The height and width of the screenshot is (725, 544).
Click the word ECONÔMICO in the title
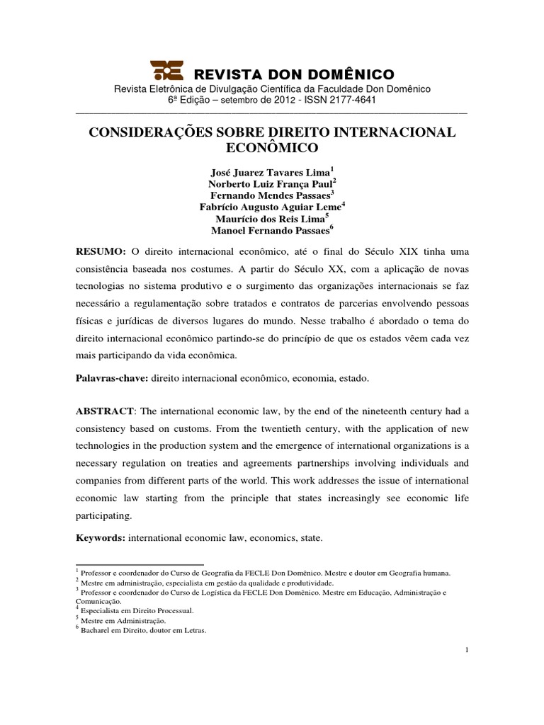click(x=272, y=148)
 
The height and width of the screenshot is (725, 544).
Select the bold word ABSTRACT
click(x=103, y=413)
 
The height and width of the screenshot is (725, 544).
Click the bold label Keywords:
click(x=101, y=539)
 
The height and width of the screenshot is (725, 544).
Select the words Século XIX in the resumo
click(x=400, y=253)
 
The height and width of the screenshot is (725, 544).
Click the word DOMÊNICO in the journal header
click(x=350, y=74)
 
